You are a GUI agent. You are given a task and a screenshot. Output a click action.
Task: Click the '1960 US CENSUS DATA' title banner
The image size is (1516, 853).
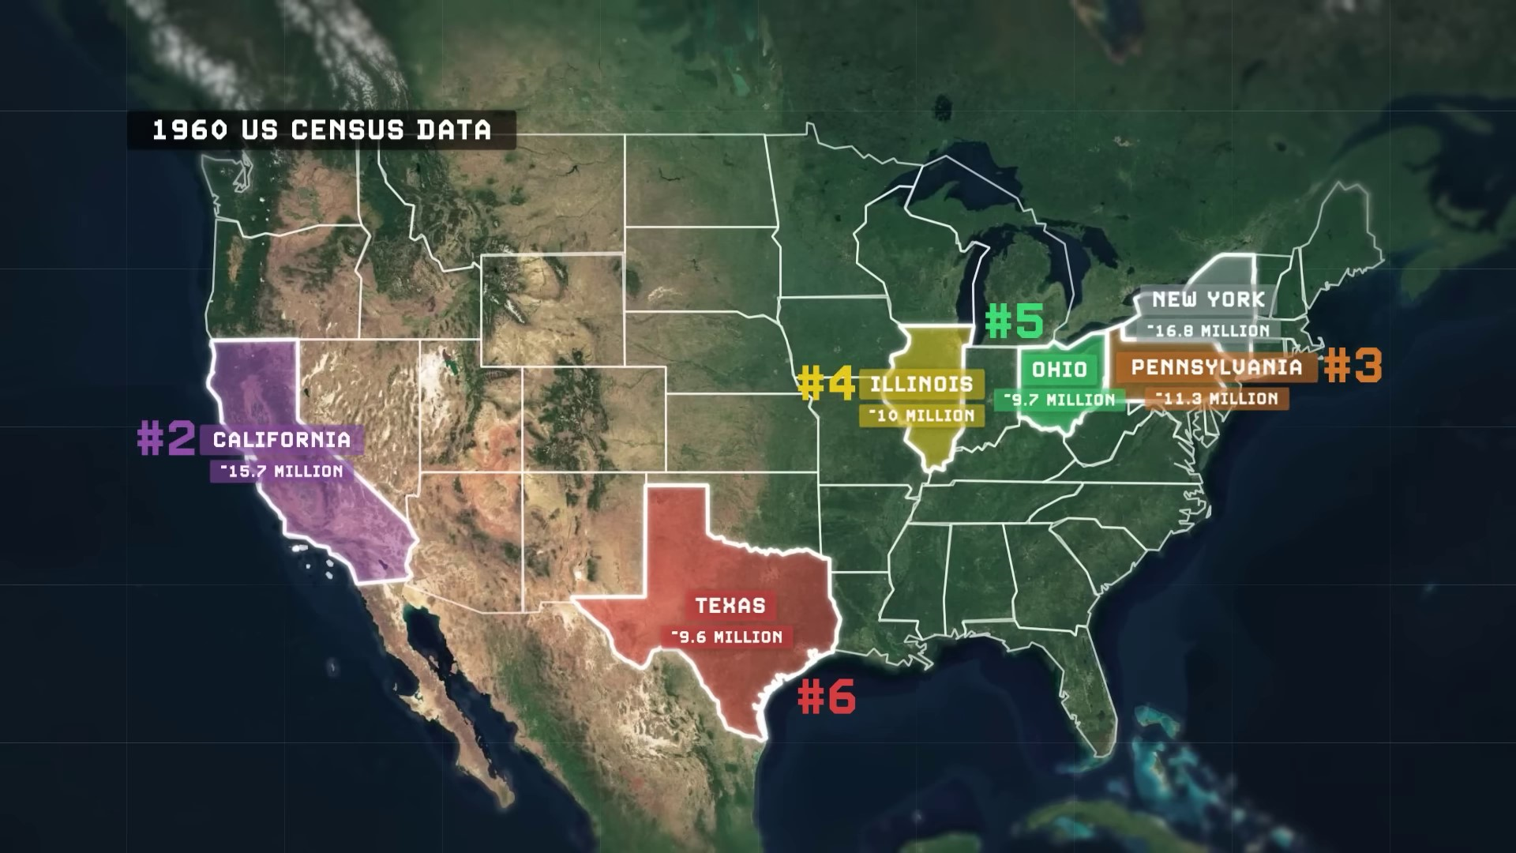click(x=321, y=130)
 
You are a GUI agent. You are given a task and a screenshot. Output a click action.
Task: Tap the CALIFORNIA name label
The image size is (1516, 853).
click(x=282, y=440)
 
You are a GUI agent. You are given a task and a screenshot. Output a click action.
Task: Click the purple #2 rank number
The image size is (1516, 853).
click(x=166, y=439)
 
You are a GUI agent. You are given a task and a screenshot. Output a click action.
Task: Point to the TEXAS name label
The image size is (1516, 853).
click(x=730, y=606)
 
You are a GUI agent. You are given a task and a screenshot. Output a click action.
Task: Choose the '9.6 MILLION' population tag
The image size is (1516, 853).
click(x=726, y=637)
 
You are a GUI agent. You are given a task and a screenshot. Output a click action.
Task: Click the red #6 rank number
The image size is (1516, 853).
click(x=826, y=697)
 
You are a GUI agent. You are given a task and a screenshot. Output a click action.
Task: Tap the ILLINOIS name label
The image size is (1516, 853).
click(x=921, y=385)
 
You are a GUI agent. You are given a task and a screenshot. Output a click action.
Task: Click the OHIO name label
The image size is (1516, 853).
click(x=1060, y=369)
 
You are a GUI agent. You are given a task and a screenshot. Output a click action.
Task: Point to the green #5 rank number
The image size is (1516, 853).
click(x=1014, y=321)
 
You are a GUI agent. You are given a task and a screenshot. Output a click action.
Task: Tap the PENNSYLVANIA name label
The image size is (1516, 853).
click(x=1216, y=367)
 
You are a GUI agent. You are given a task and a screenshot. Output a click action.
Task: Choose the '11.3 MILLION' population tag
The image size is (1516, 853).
click(x=1216, y=398)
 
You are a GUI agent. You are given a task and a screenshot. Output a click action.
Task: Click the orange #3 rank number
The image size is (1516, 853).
click(x=1353, y=366)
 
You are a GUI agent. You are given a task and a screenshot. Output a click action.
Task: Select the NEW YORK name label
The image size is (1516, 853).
click(x=1208, y=300)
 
